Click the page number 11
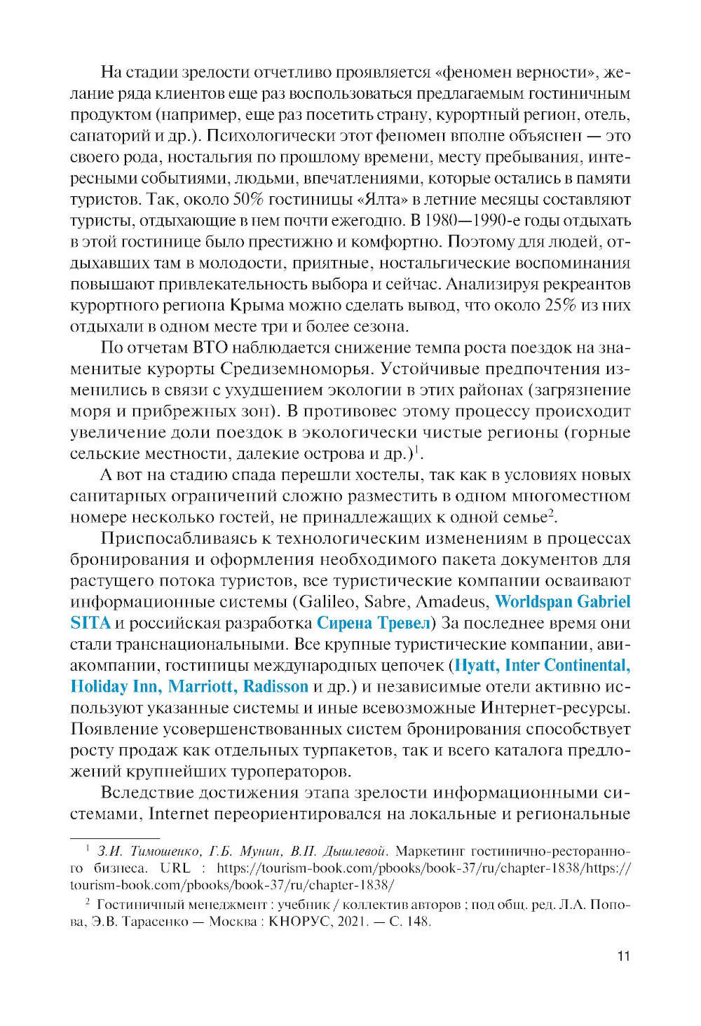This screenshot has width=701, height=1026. (x=623, y=956)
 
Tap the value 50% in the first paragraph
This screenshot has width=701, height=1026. (x=248, y=200)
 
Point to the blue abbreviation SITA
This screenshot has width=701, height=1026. (x=90, y=623)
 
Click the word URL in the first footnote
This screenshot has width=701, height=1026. (x=175, y=868)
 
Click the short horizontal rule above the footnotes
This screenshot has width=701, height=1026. (x=115, y=838)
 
